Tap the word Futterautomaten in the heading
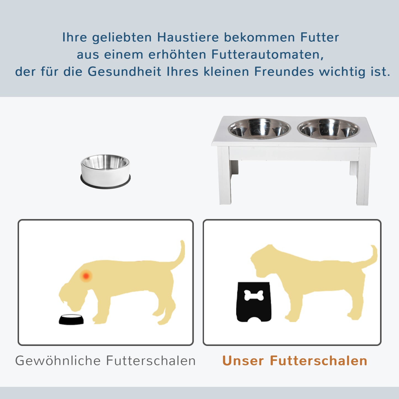[267, 54]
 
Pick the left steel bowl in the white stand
[259, 129]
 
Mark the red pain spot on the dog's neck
[86, 276]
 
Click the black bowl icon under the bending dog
[71, 319]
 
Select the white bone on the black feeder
[254, 295]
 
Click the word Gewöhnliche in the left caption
[58, 361]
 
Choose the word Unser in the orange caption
[243, 361]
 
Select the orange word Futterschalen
[318, 361]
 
